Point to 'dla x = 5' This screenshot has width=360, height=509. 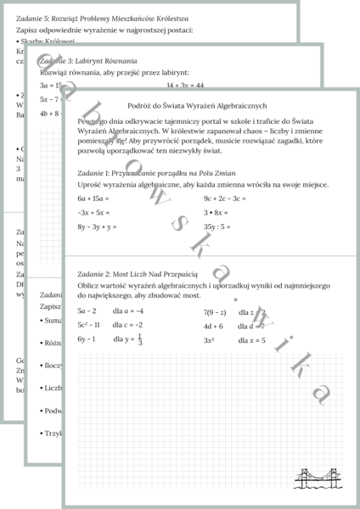coord(256,339)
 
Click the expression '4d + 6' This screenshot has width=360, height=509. coord(213,325)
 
